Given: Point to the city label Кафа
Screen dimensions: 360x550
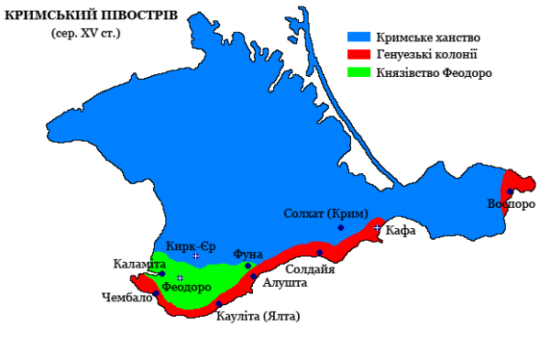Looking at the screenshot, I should tap(401, 230).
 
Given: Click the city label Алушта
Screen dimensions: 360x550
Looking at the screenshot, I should tap(285, 284).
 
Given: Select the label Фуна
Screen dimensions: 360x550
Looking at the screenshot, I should tap(249, 253).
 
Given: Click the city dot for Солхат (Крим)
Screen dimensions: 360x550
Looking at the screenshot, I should tap(341, 227).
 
